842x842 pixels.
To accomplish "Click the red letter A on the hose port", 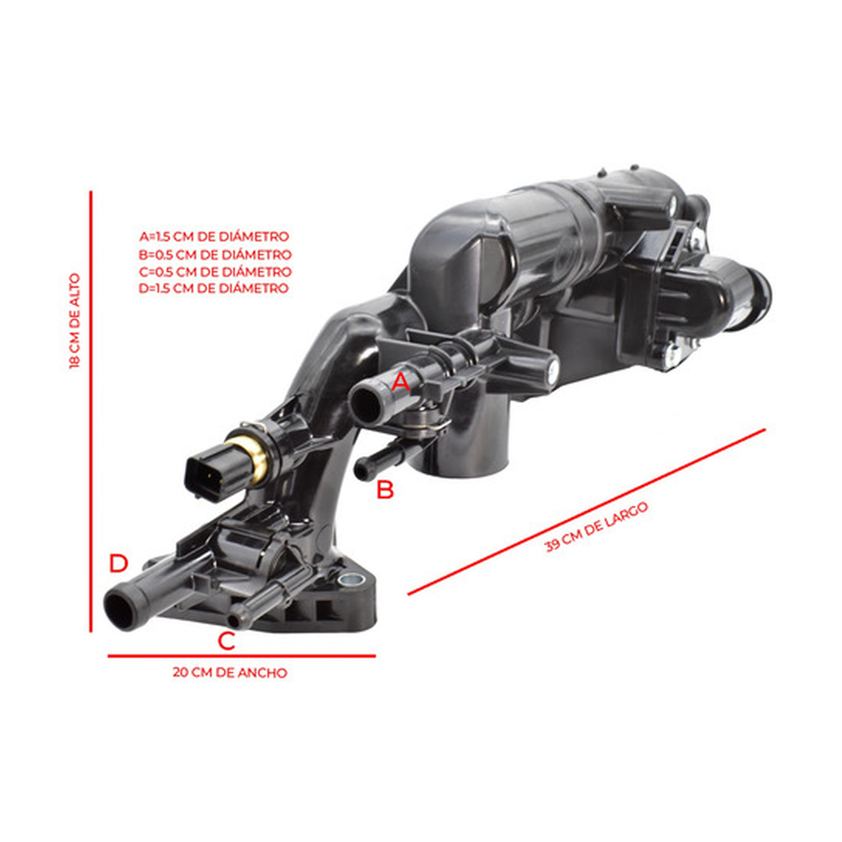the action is pyautogui.click(x=401, y=383).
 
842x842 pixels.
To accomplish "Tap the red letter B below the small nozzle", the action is pyautogui.click(x=385, y=490).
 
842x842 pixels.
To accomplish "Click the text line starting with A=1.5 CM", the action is pyautogui.click(x=214, y=237).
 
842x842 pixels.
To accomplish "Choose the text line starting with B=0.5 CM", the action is pyautogui.click(x=215, y=254).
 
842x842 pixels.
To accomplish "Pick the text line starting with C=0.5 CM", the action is pyautogui.click(x=215, y=272).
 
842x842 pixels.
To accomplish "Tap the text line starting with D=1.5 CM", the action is pyautogui.click(x=214, y=288).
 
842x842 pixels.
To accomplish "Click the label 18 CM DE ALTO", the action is pyautogui.click(x=74, y=321).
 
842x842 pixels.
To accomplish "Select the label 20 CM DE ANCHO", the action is pyautogui.click(x=230, y=672).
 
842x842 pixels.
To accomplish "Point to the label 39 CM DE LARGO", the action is pyautogui.click(x=596, y=528).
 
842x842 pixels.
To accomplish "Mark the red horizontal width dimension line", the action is pyautogui.click(x=241, y=656).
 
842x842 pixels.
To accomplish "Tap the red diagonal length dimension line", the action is pyautogui.click(x=587, y=512).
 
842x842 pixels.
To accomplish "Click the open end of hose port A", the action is pyautogui.click(x=366, y=406).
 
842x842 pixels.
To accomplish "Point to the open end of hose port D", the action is pyautogui.click(x=121, y=608).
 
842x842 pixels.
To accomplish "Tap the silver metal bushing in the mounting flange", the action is pyautogui.click(x=351, y=580).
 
